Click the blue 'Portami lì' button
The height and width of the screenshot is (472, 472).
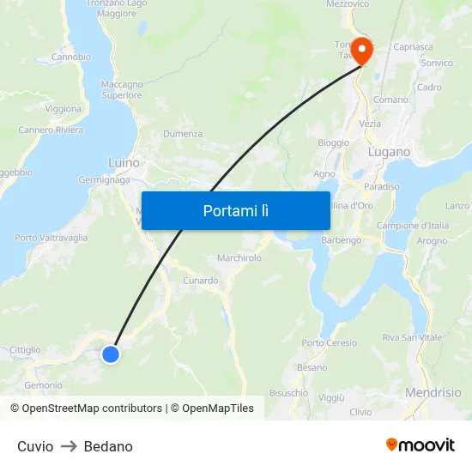[x=235, y=210]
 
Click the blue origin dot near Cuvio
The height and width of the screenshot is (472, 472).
[x=111, y=354]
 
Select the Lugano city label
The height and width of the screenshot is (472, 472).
[x=389, y=152]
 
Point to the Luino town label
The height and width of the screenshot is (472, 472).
[x=124, y=162]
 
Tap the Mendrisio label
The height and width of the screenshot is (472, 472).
[x=433, y=392]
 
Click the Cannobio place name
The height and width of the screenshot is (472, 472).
[x=71, y=57]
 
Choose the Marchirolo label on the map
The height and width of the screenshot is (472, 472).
[x=239, y=257]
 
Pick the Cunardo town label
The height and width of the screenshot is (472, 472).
[x=201, y=281]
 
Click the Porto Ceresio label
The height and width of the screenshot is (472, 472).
[x=330, y=343]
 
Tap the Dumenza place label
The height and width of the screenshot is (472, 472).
[x=183, y=134]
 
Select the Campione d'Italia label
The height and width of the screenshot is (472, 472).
[x=414, y=226]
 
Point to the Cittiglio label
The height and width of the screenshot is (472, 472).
[x=25, y=350]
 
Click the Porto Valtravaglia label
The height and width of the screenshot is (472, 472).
[x=51, y=238]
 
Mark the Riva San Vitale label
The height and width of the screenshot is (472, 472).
[x=413, y=338]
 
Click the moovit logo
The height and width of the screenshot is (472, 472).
[x=421, y=445]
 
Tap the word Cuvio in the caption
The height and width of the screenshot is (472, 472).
[x=35, y=446]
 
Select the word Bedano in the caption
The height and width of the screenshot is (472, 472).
[x=108, y=446]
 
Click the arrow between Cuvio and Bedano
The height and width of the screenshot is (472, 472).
[x=69, y=446]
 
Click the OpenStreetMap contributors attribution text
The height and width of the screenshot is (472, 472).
[x=92, y=408]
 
